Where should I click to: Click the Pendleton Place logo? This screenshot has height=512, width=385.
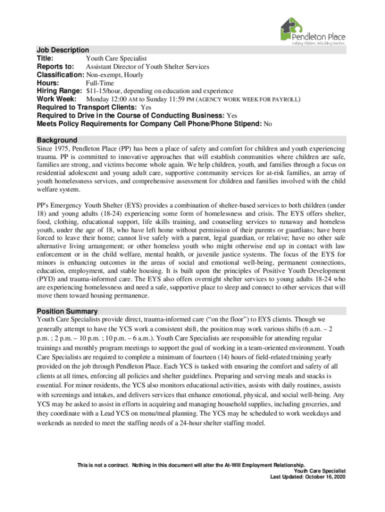pyautogui.click(x=312, y=31)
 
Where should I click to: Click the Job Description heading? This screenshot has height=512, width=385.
pyautogui.click(x=62, y=50)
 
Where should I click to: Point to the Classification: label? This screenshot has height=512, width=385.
pyautogui.click(x=60, y=75)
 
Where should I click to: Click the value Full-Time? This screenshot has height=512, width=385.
pyautogui.click(x=100, y=83)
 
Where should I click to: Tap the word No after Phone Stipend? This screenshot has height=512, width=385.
pyautogui.click(x=267, y=124)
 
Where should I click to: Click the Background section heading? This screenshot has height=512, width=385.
pyautogui.click(x=57, y=140)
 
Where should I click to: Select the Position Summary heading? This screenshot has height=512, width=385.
pyautogui.click(x=67, y=311)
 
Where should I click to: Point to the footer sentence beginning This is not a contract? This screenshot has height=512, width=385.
pyautogui.click(x=190, y=464)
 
